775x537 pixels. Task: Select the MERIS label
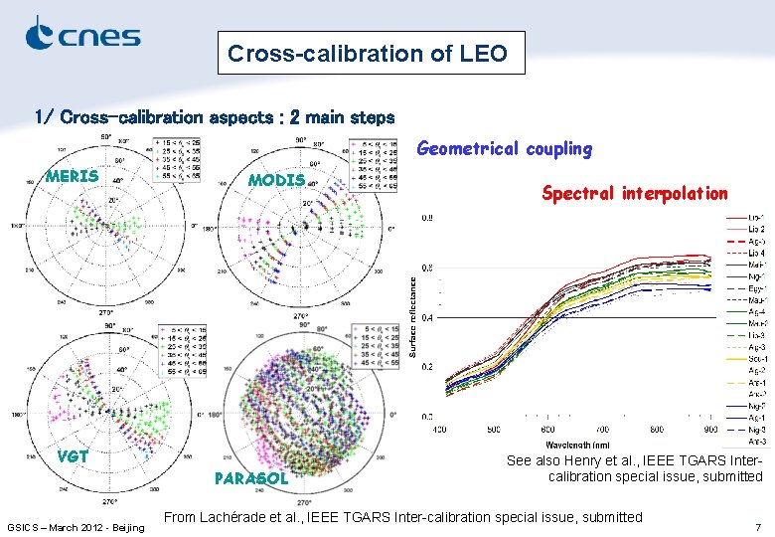[73, 176]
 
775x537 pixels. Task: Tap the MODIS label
[275, 180]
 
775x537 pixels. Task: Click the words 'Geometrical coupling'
[504, 149]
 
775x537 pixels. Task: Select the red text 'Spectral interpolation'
[635, 193]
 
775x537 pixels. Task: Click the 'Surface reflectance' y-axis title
[413, 317]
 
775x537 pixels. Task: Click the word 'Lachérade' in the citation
[237, 516]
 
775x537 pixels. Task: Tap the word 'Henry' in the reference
[591, 460]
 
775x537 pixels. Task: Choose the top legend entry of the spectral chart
[744, 217]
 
